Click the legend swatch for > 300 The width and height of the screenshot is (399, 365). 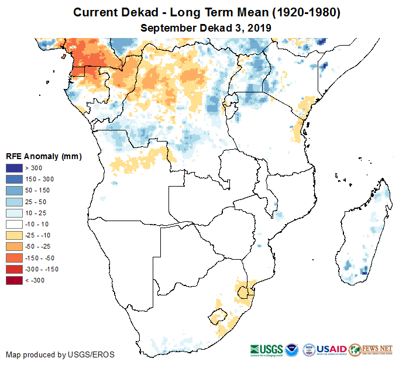coord(14,168)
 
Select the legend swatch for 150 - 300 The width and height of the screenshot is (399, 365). coord(14,180)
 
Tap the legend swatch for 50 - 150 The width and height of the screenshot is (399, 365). coord(14,191)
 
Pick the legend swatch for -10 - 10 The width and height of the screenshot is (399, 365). coord(14,225)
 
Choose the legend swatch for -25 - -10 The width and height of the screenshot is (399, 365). coord(14,236)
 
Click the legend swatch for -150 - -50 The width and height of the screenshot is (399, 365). coord(14,258)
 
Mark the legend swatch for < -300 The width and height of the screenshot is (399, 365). coord(14,281)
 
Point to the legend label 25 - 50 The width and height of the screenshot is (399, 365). coord(35,202)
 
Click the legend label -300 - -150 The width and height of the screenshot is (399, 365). coord(40,270)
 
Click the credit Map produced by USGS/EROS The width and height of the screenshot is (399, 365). coord(60,354)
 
